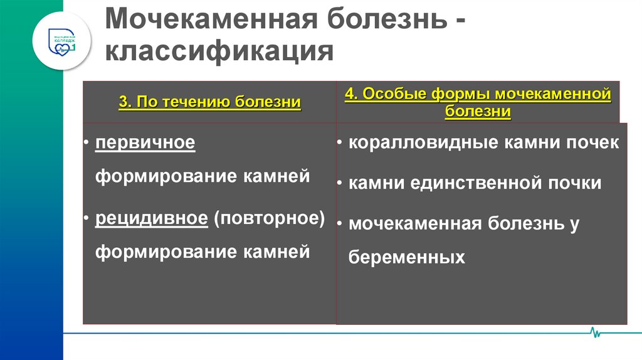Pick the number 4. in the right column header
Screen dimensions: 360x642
coord(350,95)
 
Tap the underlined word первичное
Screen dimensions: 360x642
coord(145,143)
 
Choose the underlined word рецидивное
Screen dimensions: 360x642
coord(151,219)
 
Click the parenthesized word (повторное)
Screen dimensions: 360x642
coord(268,219)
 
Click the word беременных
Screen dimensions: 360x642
coord(406,257)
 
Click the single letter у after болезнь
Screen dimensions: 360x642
coord(574,224)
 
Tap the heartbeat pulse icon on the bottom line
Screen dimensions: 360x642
coord(594,332)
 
